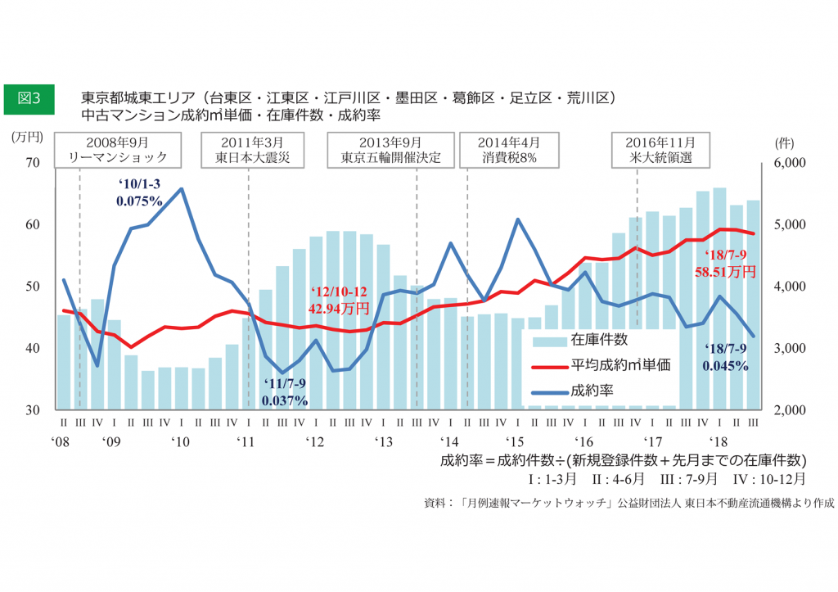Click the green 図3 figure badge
(x=29, y=97)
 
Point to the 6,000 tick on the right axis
(x=790, y=163)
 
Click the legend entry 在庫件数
(x=600, y=339)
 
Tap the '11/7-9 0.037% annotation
(x=285, y=393)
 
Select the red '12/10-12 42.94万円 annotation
(x=339, y=301)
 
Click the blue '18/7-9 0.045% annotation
(x=725, y=358)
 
